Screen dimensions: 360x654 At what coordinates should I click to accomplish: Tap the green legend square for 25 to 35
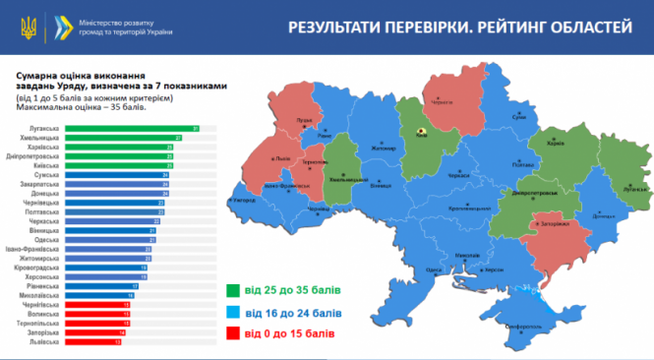(x=235, y=290)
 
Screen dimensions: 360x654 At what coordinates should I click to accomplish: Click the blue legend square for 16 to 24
(x=235, y=313)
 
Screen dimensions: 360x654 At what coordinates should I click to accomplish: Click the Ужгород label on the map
(x=243, y=200)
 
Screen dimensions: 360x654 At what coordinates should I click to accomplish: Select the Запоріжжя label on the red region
(x=553, y=225)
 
